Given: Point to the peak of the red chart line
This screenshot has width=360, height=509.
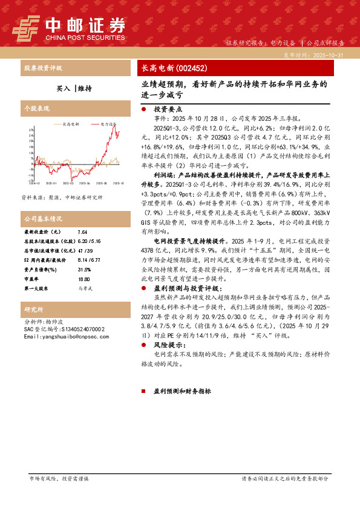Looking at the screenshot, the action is pos(114,126).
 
